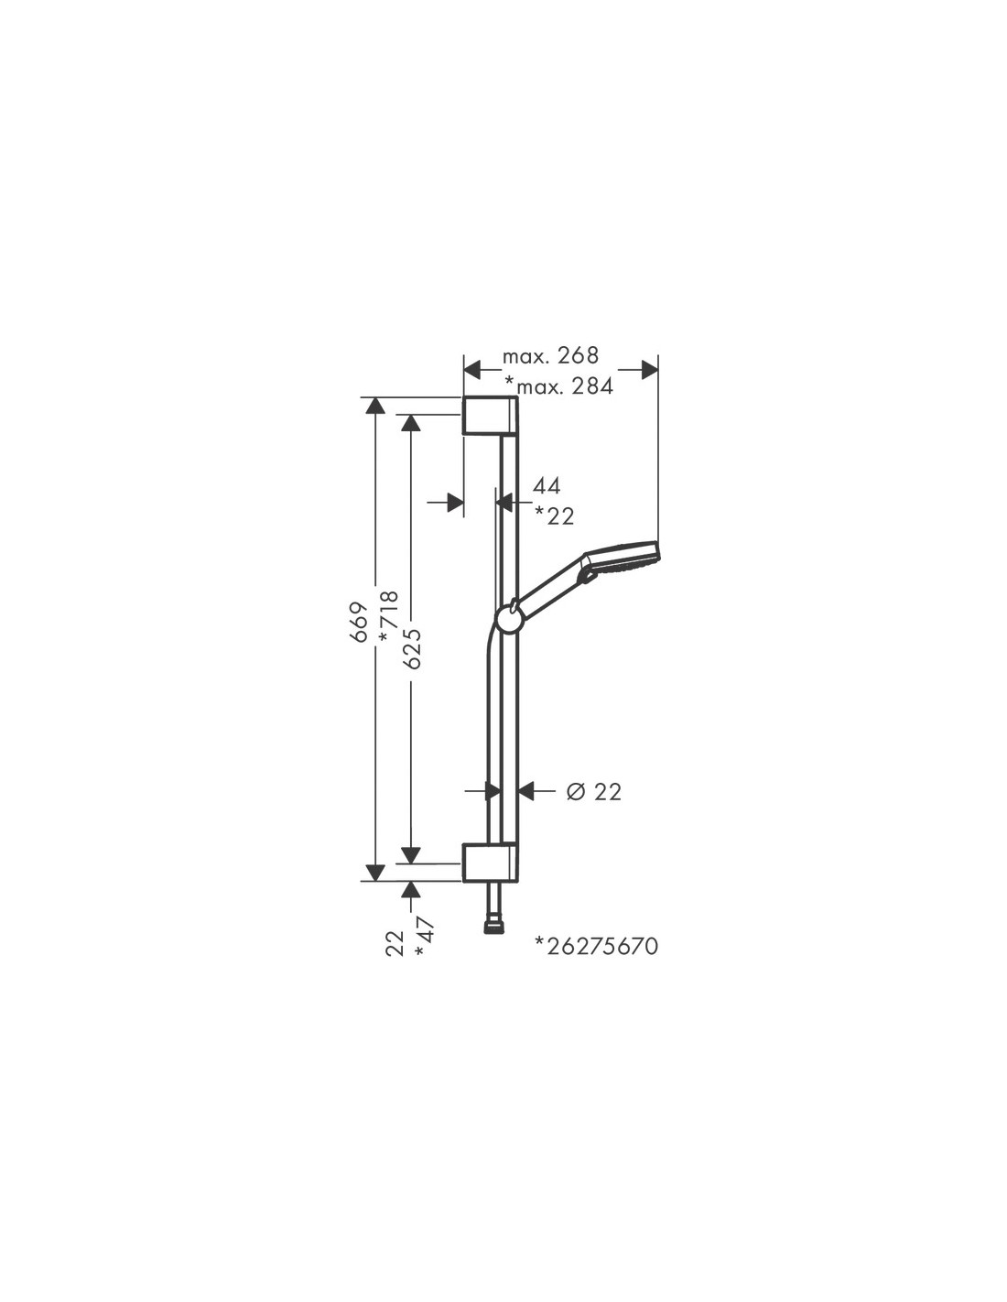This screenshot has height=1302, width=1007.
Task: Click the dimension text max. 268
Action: pyautogui.click(x=550, y=356)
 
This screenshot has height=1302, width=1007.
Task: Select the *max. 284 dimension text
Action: pyautogui.click(x=559, y=386)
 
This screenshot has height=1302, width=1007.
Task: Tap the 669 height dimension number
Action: pyautogui.click(x=358, y=622)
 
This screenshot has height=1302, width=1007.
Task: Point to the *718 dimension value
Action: pyautogui.click(x=388, y=618)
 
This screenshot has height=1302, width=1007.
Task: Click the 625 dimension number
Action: pyautogui.click(x=412, y=648)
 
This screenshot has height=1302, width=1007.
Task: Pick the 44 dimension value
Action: pyautogui.click(x=547, y=486)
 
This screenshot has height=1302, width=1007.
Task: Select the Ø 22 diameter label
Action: pyautogui.click(x=593, y=792)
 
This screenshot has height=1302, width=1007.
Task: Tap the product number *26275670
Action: pyautogui.click(x=597, y=946)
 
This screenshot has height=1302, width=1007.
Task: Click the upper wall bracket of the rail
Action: pyautogui.click(x=490, y=415)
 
